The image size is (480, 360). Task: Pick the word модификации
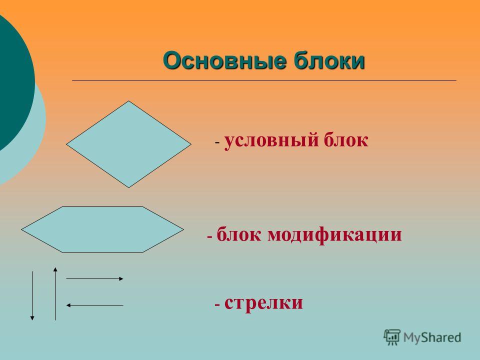click(x=334, y=235)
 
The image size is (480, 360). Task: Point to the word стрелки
click(x=263, y=303)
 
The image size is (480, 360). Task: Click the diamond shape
click(x=129, y=144)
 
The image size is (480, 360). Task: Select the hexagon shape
click(x=102, y=229)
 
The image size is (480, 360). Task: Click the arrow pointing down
click(x=32, y=295)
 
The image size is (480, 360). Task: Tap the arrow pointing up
click(x=55, y=294)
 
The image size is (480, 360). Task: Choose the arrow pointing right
click(x=94, y=279)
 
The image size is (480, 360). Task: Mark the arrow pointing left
click(x=94, y=305)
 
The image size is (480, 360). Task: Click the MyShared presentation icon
click(x=392, y=337)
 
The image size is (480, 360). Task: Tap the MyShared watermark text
click(x=432, y=337)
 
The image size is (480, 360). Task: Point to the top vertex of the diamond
click(x=129, y=101)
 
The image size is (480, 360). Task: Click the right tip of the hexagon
click(x=183, y=229)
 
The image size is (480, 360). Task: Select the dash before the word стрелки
click(x=217, y=305)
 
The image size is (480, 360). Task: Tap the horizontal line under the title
click(x=264, y=80)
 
